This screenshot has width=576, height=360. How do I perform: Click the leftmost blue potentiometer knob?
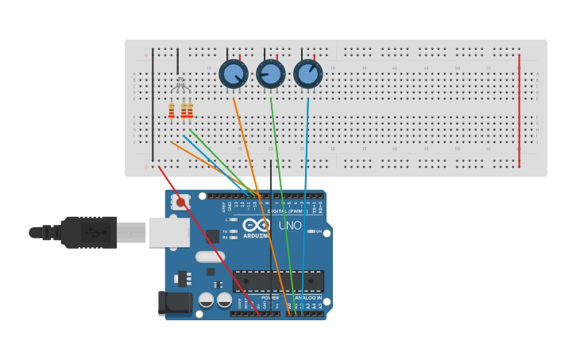(234, 74)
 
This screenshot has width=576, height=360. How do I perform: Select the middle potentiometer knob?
(270, 74)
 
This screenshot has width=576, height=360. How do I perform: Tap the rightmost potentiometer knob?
(307, 74)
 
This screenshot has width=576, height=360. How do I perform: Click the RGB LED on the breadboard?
(180, 83)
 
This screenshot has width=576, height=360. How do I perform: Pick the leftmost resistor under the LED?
(171, 110)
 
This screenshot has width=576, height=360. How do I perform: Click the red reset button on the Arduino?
(180, 203)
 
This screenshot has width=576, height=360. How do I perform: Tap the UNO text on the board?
(290, 226)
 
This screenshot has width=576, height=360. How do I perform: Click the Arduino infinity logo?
(261, 225)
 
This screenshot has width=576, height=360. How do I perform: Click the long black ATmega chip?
(277, 281)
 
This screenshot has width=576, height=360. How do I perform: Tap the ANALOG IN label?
(308, 297)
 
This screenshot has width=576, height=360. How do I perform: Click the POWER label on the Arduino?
(270, 297)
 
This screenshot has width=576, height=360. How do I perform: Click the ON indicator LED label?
(318, 231)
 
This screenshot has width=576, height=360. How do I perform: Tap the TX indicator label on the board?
(225, 230)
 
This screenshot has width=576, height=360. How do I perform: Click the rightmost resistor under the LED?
(190, 110)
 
